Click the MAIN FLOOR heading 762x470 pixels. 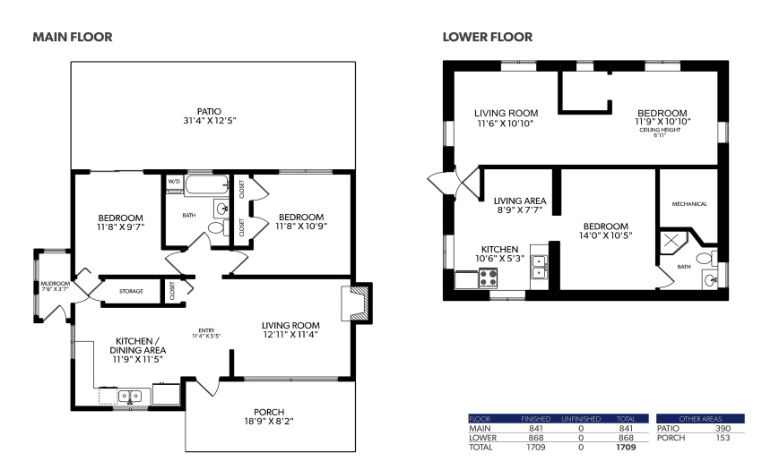73,37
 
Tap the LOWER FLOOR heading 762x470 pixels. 488,37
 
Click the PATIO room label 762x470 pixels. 210,112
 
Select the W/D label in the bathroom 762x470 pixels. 174,182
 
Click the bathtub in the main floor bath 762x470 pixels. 206,185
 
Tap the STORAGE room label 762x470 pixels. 131,291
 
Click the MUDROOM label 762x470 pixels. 55,284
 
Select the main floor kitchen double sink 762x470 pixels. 130,397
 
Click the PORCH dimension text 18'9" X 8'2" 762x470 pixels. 269,422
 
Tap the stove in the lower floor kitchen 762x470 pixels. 489,278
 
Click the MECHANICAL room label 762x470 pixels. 689,204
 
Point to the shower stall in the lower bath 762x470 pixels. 672,242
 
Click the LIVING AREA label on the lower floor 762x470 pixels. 520,201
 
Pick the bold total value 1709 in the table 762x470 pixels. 626,448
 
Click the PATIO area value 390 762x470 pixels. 723,429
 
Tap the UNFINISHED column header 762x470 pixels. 581,419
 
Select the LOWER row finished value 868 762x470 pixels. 536,438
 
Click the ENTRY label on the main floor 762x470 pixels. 206,330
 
